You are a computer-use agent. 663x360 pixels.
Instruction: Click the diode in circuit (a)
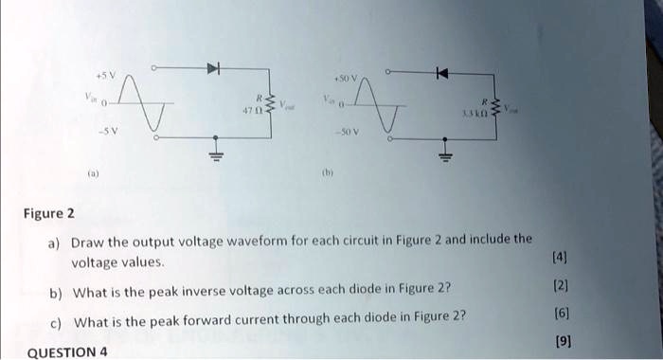pyautogui.click(x=215, y=68)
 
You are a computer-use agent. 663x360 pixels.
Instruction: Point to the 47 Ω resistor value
pyautogui.click(x=250, y=112)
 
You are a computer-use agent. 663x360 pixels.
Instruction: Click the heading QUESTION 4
pyautogui.click(x=67, y=352)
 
